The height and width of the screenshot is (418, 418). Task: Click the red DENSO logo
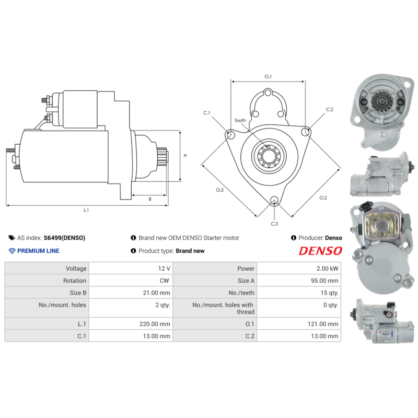320,251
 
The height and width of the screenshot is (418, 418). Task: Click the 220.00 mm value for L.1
157,324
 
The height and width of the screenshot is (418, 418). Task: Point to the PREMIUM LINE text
38,251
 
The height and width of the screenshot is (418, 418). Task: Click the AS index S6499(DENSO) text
64,238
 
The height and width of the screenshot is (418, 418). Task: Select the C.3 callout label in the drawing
274,224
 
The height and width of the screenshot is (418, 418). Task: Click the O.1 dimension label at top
268,77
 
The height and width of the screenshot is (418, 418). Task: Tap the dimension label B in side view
150,199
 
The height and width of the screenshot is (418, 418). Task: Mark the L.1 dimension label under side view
87,210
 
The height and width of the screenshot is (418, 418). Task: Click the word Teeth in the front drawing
240,121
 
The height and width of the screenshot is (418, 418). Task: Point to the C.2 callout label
329,110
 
